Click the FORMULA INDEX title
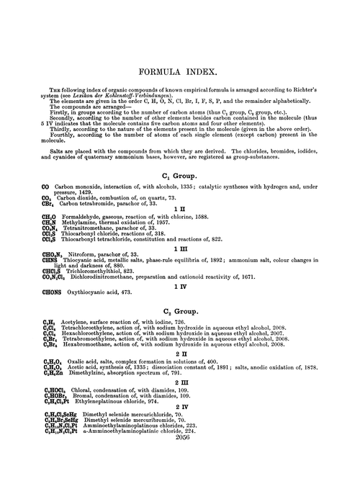coord(180,73)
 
